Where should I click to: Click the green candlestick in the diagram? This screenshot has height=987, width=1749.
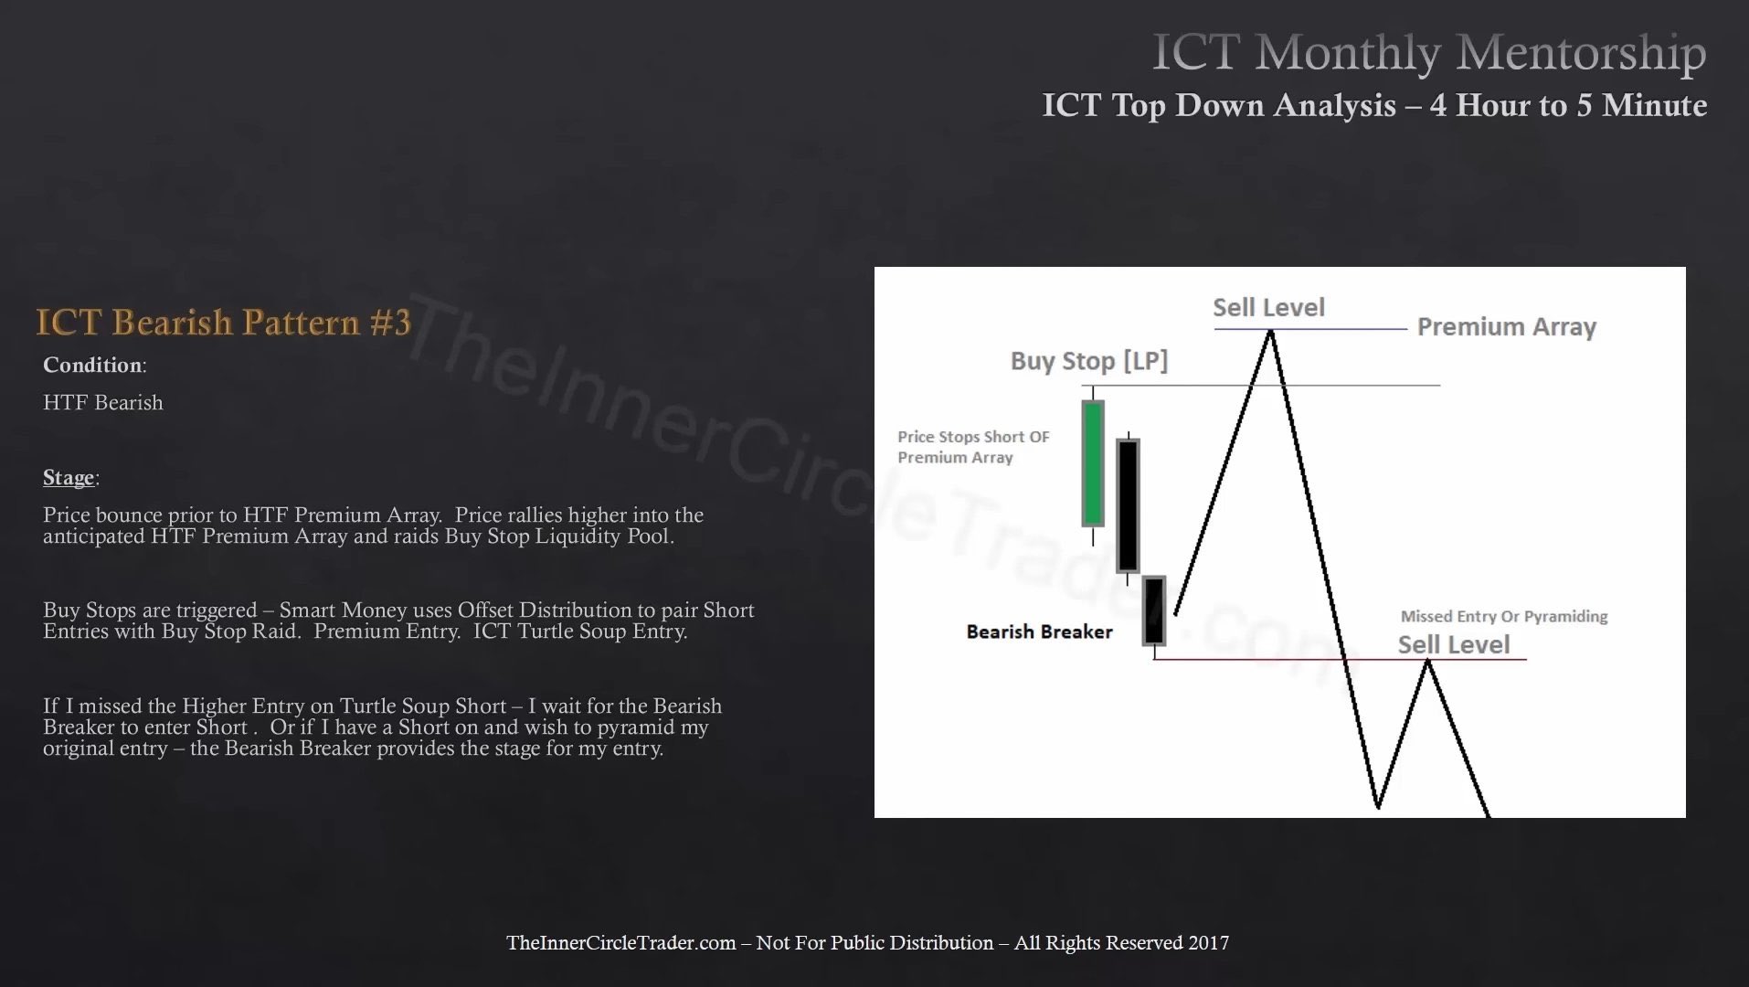1092,464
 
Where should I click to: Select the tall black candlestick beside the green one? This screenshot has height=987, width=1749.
1128,505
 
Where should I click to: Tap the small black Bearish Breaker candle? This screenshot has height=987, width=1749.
1154,610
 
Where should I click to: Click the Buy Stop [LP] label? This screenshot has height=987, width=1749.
1088,361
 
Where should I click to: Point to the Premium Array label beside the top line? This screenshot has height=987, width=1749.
1506,327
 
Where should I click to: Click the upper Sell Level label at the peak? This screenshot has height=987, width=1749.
1268,308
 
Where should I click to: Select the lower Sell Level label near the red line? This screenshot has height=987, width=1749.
1453,644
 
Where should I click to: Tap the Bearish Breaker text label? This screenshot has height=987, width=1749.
1039,631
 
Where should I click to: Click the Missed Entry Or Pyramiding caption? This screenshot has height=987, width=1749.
1503,617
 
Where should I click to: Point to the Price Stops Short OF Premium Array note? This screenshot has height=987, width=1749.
973,447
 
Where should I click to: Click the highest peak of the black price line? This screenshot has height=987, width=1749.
1270,332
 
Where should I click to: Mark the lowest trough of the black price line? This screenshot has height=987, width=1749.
1377,806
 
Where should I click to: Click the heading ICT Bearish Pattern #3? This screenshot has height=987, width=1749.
223,323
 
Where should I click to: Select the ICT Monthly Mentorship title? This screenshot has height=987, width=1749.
1428,52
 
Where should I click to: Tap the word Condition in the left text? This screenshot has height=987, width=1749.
92,365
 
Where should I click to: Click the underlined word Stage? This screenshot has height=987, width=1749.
69,477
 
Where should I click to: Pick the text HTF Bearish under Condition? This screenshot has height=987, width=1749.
103,403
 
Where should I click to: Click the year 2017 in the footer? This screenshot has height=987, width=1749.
1208,942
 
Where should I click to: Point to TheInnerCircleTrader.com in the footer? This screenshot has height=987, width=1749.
620,942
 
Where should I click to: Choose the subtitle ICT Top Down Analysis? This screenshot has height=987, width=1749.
1219,106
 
